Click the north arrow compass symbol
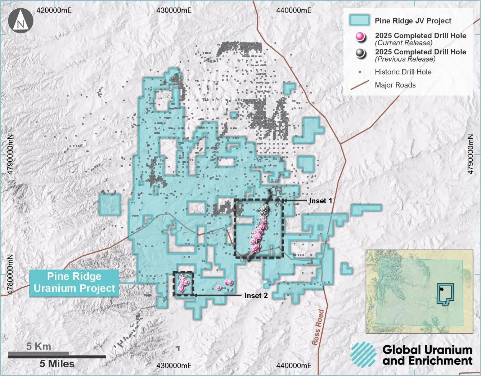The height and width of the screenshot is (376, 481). coord(21,20)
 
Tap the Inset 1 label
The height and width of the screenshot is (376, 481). coord(320,201)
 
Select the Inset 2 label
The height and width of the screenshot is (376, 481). coord(256,296)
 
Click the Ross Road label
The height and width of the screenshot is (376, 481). coord(318,327)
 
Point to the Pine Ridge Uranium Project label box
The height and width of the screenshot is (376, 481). coord(74,283)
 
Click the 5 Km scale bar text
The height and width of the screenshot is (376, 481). coord(39,346)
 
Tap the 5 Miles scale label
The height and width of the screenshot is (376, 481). coord(57,364)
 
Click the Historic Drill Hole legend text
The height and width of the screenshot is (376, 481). coord(403,72)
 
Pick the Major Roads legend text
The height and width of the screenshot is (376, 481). coord(395,85)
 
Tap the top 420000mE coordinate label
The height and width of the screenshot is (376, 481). coord(54,10)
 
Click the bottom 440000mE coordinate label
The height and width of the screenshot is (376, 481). coord(294,366)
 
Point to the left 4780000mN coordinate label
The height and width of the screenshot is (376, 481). coord(10,274)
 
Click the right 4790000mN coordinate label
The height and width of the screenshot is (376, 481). coord(471,154)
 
